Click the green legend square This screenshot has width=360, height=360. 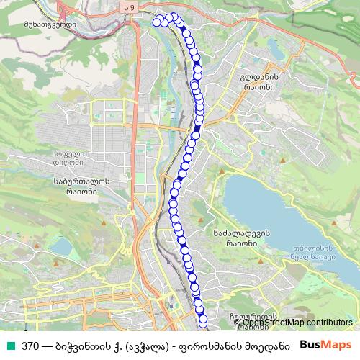(x=9, y=346)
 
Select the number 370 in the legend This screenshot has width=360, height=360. (x=30, y=346)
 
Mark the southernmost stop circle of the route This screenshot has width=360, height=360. (x=203, y=318)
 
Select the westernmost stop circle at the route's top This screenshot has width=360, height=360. (x=158, y=19)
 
